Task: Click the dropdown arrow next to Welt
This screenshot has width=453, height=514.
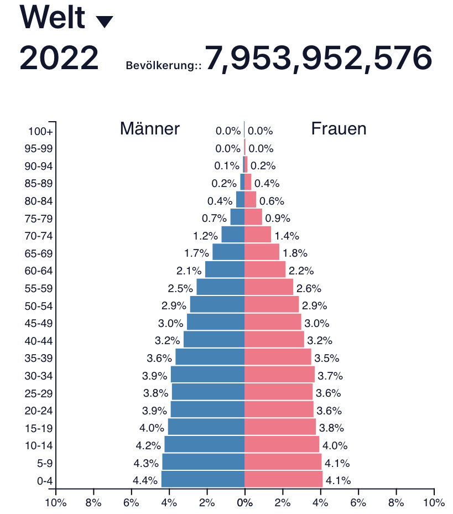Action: click(105, 22)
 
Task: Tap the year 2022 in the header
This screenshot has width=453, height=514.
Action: click(59, 58)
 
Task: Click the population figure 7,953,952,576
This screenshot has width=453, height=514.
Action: click(318, 58)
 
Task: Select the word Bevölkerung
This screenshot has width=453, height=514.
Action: click(163, 65)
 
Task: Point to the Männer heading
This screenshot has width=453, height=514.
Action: click(150, 129)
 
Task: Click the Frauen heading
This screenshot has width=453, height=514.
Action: click(339, 129)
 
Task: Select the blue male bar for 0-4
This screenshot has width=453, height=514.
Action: click(202, 479)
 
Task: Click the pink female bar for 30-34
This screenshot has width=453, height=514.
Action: click(279, 375)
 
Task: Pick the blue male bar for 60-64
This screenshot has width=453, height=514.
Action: click(225, 270)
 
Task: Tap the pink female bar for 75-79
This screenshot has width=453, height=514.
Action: click(253, 217)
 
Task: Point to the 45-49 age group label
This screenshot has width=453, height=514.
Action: click(39, 323)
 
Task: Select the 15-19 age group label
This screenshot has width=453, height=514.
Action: click(39, 428)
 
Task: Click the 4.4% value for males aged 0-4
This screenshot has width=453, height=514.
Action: click(145, 480)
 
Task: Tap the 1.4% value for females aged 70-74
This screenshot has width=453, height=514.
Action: click(287, 236)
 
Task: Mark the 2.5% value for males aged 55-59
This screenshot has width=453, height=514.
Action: click(180, 288)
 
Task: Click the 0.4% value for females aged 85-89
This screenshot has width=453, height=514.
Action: click(267, 184)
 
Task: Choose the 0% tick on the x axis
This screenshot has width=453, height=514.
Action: click(244, 503)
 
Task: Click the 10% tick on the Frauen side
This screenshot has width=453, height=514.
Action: click(434, 503)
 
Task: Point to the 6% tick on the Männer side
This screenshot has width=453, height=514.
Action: click(131, 503)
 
